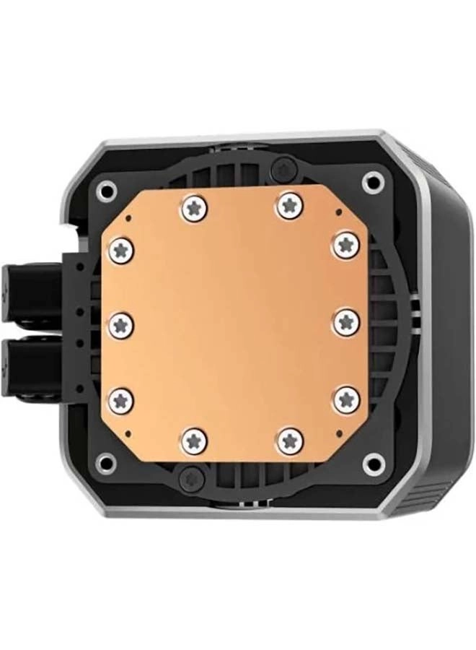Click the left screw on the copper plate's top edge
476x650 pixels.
[x=195, y=208]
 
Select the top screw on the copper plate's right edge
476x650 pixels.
[x=346, y=245]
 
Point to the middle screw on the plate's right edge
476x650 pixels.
[x=346, y=322]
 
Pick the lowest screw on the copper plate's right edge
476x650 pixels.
[x=346, y=399]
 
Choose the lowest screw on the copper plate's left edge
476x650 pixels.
[x=121, y=399]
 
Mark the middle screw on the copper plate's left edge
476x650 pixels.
[x=121, y=326]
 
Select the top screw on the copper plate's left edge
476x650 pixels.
[x=121, y=251]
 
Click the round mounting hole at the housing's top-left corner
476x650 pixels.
[x=106, y=191]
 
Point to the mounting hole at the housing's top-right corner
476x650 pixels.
[x=372, y=181]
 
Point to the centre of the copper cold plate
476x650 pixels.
[x=232, y=324]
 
